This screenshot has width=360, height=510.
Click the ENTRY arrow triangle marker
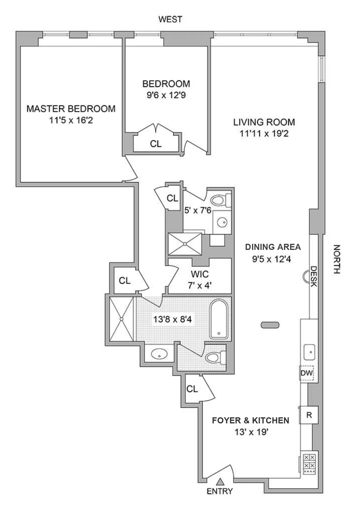[220, 482]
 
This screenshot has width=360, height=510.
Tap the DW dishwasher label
[307, 373]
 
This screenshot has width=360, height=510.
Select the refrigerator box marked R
[309, 415]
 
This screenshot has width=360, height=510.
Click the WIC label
[200, 274]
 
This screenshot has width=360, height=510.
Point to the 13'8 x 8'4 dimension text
[172, 319]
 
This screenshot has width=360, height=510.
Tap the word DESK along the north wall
[314, 276]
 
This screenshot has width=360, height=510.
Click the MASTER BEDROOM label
[71, 109]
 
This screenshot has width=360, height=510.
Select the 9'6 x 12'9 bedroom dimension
[166, 95]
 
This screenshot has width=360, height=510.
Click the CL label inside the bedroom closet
[156, 144]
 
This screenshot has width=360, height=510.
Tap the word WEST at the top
[170, 19]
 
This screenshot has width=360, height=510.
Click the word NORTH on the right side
[336, 259]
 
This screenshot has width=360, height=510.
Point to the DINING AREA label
[273, 247]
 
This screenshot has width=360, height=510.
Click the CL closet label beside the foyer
[192, 389]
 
